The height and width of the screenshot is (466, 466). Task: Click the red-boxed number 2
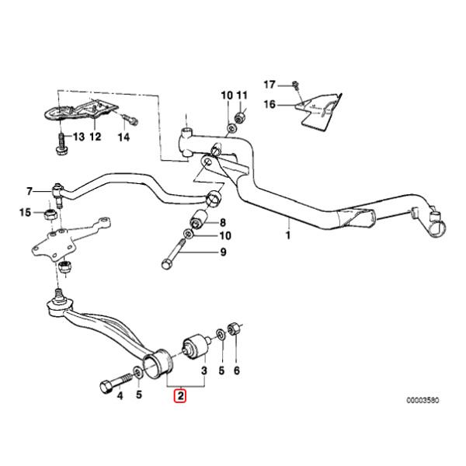[x=180, y=397]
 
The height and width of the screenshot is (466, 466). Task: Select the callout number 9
[x=222, y=252]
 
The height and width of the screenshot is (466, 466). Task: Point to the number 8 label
[x=222, y=222]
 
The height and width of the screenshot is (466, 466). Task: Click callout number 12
[x=95, y=137]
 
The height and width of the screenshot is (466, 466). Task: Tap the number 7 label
[x=30, y=191]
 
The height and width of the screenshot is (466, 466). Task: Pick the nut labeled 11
[x=241, y=117]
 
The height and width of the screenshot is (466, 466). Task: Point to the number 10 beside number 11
[x=226, y=96]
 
